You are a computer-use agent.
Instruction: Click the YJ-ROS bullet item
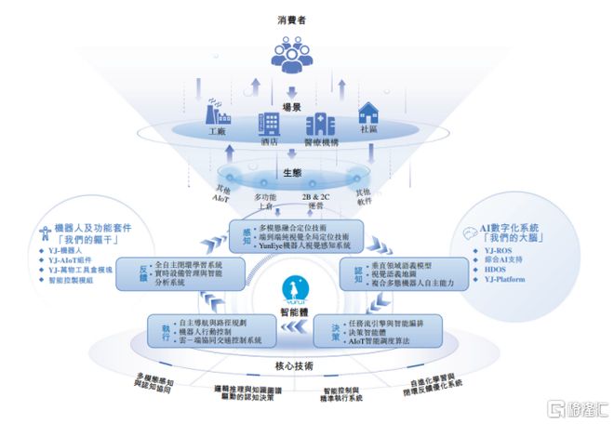(500, 251)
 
